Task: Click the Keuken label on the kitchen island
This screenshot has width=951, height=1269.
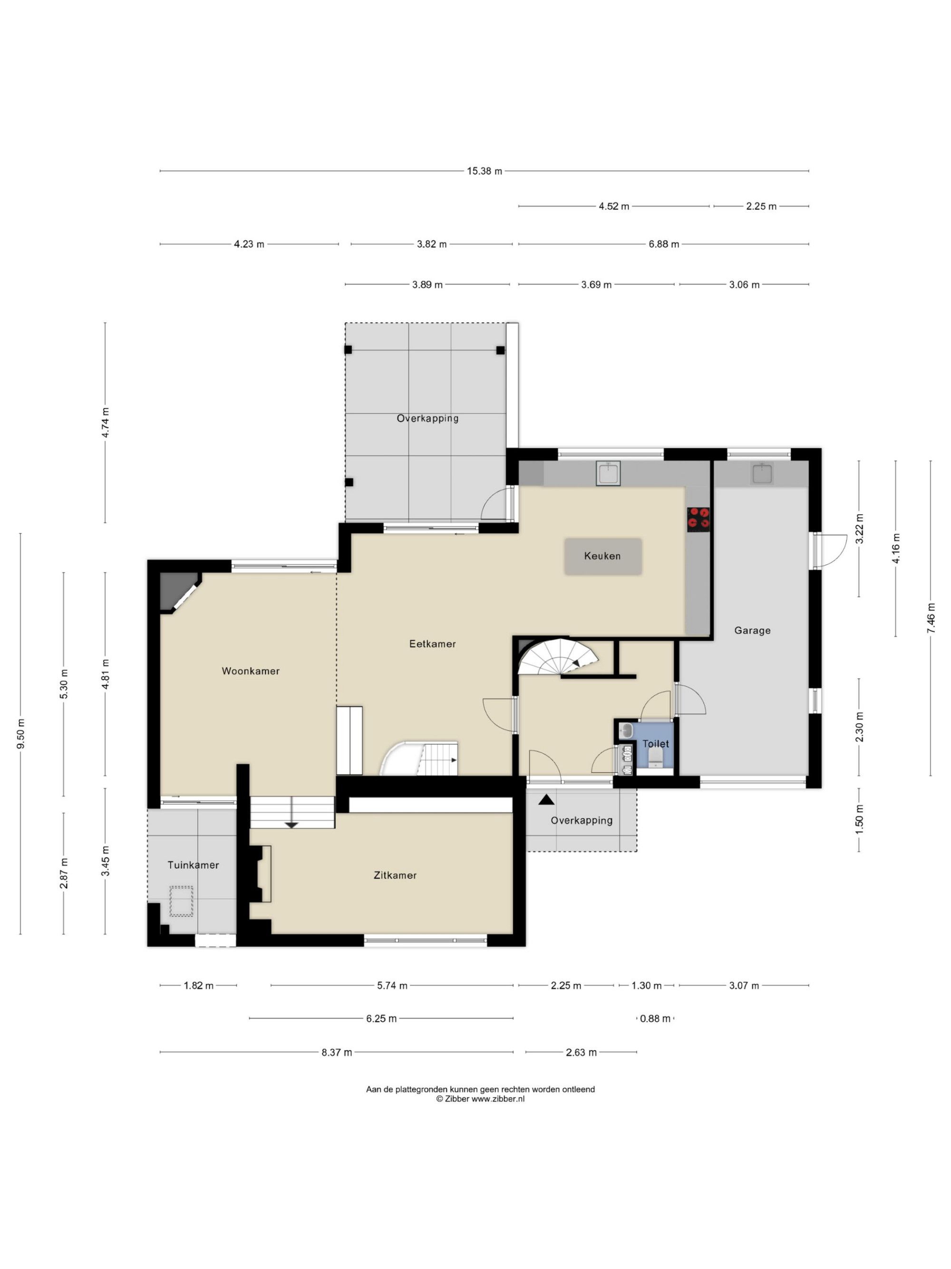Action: click(x=602, y=556)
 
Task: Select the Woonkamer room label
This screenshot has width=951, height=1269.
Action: click(x=251, y=671)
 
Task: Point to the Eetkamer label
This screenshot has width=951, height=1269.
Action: click(x=432, y=644)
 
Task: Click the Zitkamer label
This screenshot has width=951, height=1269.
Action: click(x=395, y=876)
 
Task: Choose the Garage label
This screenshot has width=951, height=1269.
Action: click(x=752, y=630)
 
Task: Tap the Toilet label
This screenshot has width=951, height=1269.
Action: click(x=655, y=744)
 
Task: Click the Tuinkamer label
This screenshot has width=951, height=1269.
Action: click(x=193, y=865)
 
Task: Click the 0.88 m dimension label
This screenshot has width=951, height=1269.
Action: click(x=655, y=1019)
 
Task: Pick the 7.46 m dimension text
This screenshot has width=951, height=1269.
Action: click(x=931, y=618)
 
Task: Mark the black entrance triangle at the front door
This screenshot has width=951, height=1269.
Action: click(x=546, y=799)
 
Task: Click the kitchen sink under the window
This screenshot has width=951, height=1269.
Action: click(x=608, y=473)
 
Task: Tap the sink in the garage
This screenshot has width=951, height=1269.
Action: click(x=762, y=473)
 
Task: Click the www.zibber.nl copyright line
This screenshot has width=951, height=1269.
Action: click(x=480, y=1099)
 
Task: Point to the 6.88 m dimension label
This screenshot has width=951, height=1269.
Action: click(x=664, y=245)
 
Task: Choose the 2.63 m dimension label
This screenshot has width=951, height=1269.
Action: click(x=581, y=1052)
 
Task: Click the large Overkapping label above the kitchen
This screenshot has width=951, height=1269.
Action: click(x=427, y=418)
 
